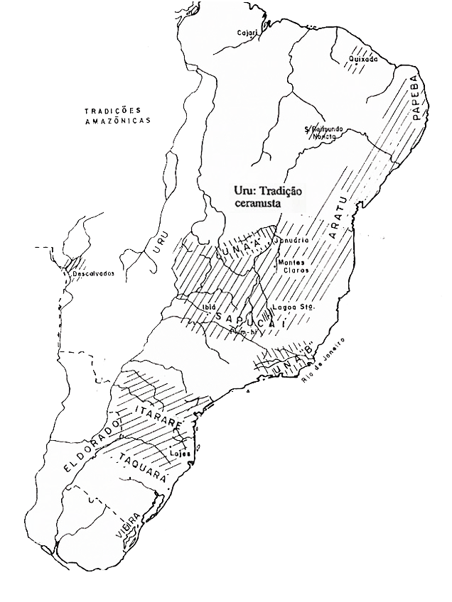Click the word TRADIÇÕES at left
tap(112, 111)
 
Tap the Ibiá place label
tap(209, 307)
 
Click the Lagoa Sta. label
tap(292, 307)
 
